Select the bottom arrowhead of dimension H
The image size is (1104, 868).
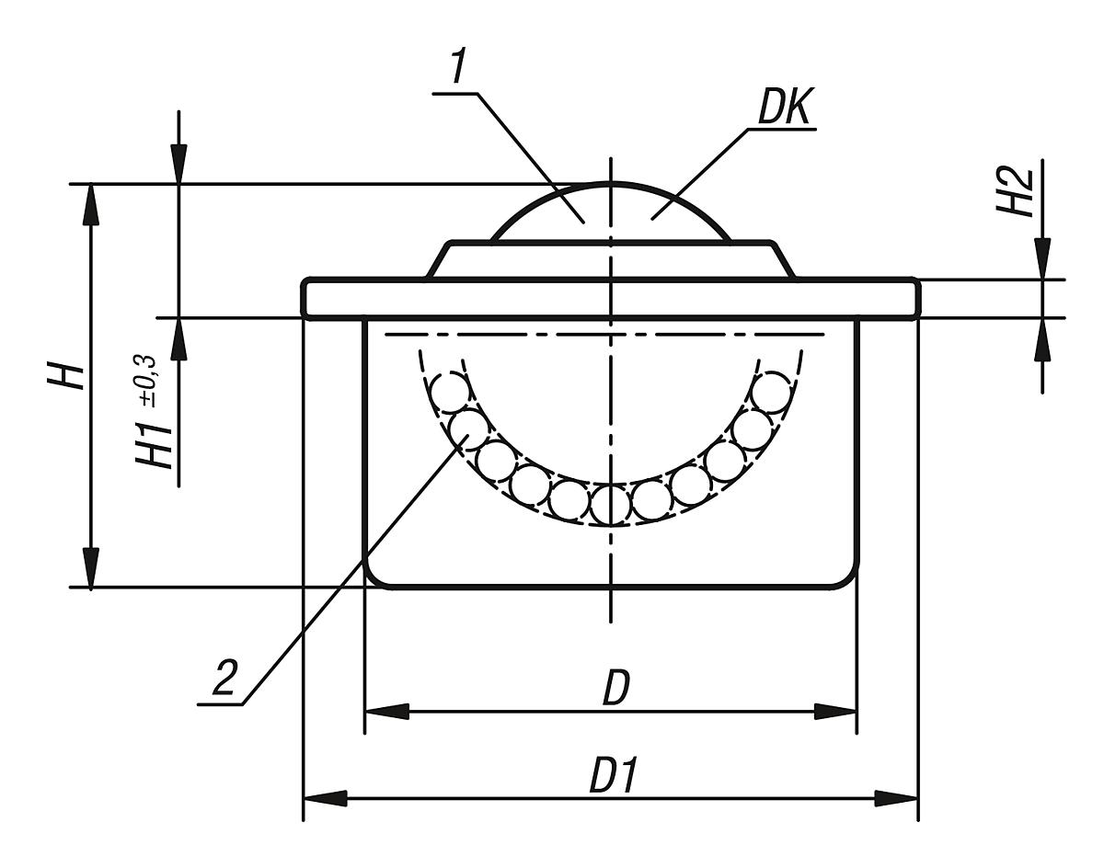click(x=90, y=567)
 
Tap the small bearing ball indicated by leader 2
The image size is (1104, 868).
click(x=468, y=425)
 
